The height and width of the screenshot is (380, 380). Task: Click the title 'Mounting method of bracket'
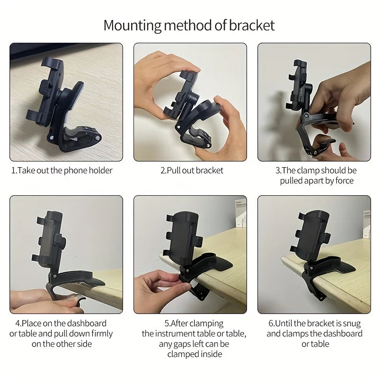189,25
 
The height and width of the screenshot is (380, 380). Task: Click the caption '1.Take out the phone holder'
62,171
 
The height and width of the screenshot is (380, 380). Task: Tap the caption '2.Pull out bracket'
191,171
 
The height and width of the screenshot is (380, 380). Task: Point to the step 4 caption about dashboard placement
62,333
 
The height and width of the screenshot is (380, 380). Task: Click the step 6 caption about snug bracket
314,333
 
